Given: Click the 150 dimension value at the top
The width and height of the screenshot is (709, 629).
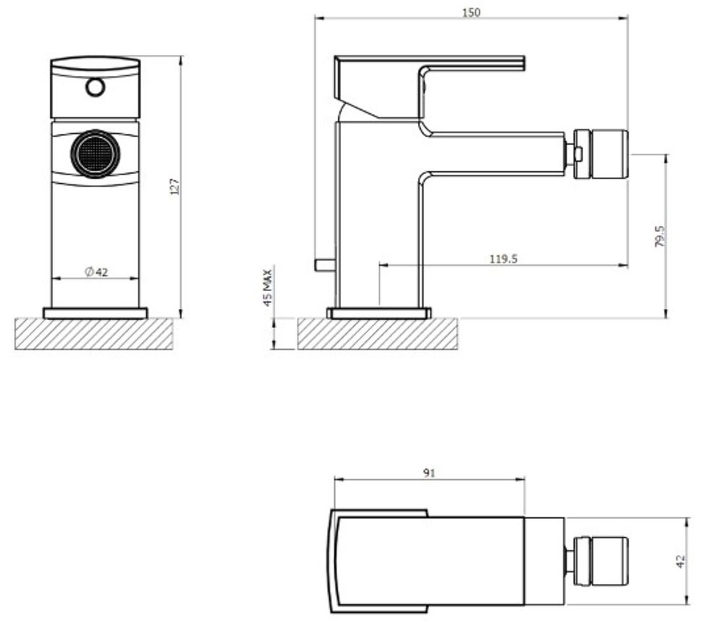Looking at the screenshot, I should tap(471, 12).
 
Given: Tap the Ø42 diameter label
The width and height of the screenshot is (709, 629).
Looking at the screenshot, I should tap(95, 271).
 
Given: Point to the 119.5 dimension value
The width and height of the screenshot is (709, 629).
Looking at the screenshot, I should tap(503, 258).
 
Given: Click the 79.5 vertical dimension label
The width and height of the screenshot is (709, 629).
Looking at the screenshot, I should tap(659, 236).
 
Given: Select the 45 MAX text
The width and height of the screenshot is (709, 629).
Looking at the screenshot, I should tap(268, 287).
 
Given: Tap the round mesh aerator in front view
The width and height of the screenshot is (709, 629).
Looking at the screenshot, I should tap(95, 153).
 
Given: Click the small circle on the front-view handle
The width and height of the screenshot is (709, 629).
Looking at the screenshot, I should tap(95, 88).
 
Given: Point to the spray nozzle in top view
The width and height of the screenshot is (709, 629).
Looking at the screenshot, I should tap(600, 561).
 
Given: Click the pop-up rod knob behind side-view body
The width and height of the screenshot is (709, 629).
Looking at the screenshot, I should tap(323, 265).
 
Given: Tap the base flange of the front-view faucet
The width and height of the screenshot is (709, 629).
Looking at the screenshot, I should tap(95, 313).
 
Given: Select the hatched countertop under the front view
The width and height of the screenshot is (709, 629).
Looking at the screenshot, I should tap(93, 334).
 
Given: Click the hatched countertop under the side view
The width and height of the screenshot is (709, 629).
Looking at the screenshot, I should tap(377, 334).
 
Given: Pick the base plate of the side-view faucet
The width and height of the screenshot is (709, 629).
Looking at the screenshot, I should tap(378, 313).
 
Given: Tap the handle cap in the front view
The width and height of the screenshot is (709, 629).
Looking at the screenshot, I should tap(95, 87).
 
